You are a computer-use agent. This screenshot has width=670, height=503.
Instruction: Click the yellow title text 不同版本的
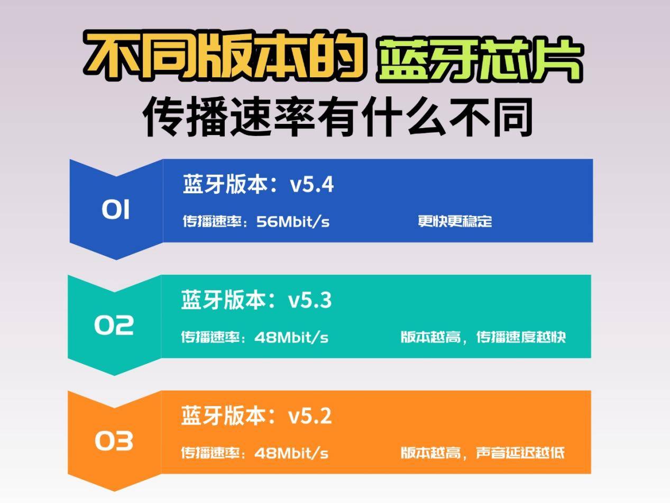point(225,56)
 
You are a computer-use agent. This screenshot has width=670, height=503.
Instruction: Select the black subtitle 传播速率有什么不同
point(337,116)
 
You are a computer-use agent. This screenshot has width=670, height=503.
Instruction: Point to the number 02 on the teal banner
point(114,325)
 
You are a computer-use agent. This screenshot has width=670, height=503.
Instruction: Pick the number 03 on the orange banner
point(114,441)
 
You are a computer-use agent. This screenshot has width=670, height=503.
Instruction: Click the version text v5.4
point(312,185)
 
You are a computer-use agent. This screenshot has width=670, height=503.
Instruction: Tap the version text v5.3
point(310,300)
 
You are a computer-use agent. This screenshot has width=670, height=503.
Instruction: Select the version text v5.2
point(310,416)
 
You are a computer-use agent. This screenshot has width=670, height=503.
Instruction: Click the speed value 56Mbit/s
point(292,221)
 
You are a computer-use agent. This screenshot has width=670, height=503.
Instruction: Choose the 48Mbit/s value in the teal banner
point(291,337)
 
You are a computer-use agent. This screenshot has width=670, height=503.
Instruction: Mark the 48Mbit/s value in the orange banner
point(291,453)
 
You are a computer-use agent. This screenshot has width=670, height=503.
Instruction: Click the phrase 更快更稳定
point(455,221)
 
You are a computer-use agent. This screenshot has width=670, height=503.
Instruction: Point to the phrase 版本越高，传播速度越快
point(483,337)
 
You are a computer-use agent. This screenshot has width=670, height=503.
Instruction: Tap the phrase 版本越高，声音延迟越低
point(482,453)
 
